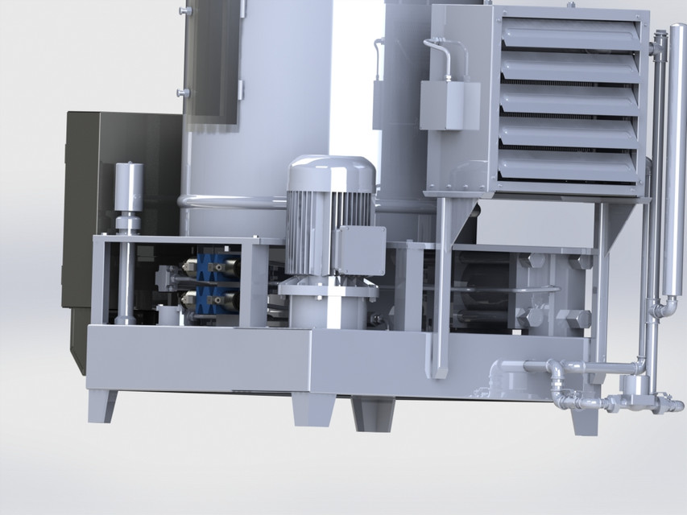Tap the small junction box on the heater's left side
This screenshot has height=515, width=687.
point(449,104)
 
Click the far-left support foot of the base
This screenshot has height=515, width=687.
point(102,406)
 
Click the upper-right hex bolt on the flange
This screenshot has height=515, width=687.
point(578,262)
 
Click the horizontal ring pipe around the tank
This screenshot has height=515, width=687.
point(234,201)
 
